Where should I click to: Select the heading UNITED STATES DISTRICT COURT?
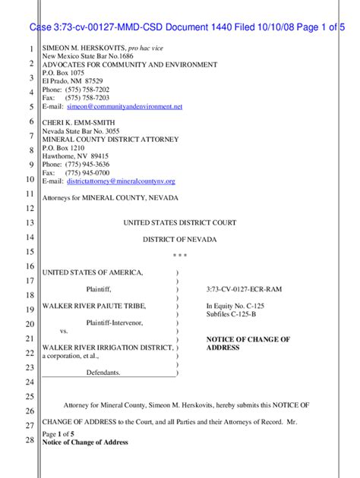(x=180, y=223)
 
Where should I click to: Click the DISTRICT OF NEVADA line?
(x=180, y=240)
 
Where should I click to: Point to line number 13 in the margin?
(x=30, y=224)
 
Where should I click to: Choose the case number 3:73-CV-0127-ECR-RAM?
(x=244, y=290)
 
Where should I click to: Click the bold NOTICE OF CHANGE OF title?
(x=248, y=338)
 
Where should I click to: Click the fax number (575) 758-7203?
(x=87, y=99)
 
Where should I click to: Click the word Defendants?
(x=103, y=373)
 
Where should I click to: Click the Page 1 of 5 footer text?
(x=58, y=433)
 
